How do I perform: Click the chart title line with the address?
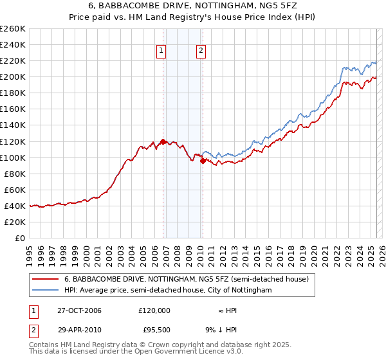point(193,6)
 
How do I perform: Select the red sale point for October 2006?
point(163,141)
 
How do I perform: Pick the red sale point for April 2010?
point(203,161)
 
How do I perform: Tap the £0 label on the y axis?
point(21,239)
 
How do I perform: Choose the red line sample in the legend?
point(46,279)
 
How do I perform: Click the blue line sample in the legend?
point(46,291)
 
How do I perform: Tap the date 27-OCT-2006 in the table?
point(80,310)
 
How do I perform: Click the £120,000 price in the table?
point(154,310)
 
